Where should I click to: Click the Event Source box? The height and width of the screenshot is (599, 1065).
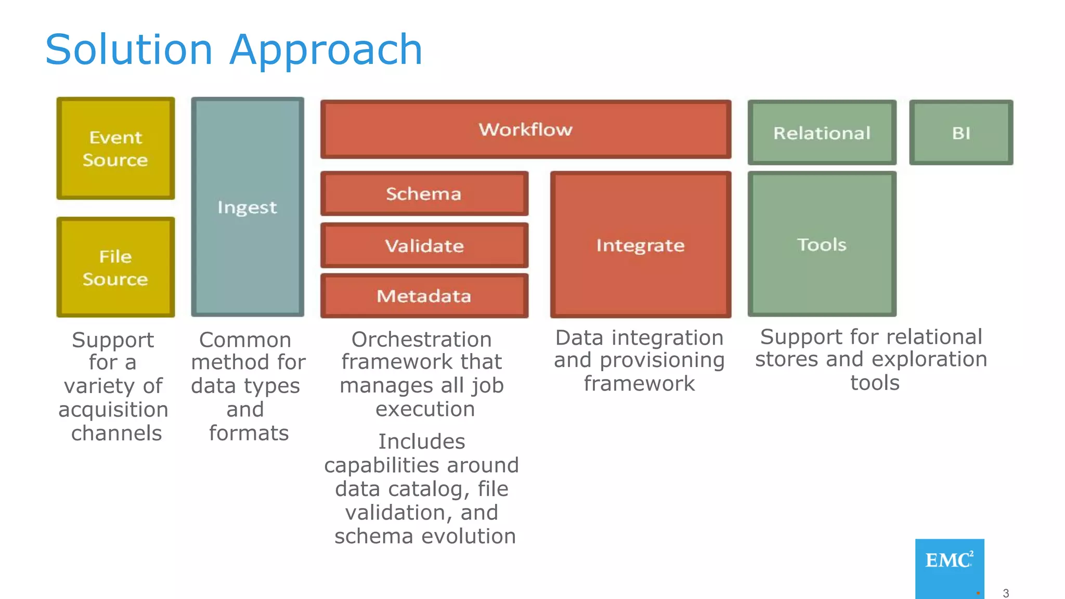pos(115,149)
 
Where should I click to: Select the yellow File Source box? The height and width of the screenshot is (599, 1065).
pos(115,267)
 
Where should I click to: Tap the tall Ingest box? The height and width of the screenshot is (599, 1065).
pos(248,207)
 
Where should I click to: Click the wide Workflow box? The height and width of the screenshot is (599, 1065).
pos(525,129)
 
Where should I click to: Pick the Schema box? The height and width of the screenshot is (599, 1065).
pos(424,193)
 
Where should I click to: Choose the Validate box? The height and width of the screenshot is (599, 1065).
pos(424,245)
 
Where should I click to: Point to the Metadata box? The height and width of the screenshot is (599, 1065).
pos(424,296)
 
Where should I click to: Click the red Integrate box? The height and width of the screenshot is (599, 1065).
pos(640,245)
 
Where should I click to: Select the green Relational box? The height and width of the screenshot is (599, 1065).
pos(822,133)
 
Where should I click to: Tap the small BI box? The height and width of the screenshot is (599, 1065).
pos(961,133)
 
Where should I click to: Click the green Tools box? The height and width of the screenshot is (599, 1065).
pos(822,244)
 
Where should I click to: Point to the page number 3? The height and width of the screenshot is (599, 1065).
pos(1006,593)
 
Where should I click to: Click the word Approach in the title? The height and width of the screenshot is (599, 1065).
pos(326,50)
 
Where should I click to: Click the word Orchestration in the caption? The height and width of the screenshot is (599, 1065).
pos(421,340)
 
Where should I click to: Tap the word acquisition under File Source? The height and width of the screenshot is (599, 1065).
pos(113,410)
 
